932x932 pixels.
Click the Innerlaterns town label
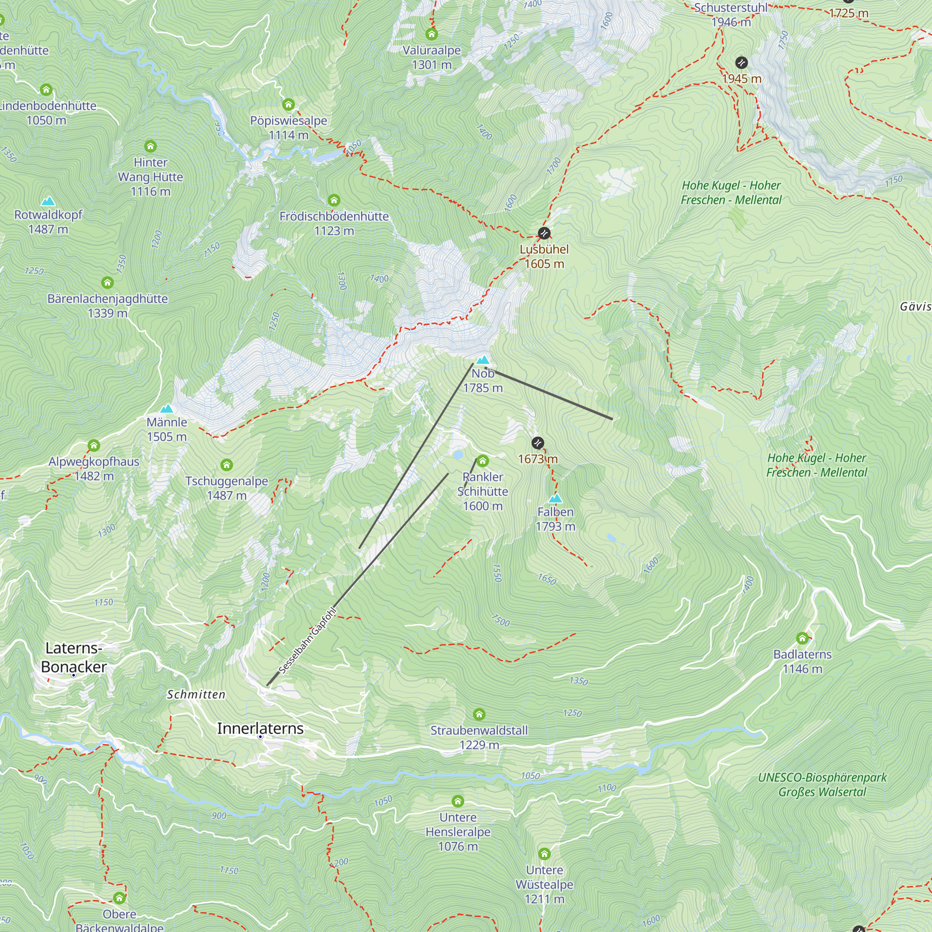coord(260,728)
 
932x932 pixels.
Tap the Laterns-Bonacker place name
coord(74,657)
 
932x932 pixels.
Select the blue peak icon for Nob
coord(483,360)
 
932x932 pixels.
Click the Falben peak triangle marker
coord(555,498)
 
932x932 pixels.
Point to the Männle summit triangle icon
coord(166,409)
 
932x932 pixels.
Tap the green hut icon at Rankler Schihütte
coord(482,461)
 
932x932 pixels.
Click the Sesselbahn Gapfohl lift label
coord(308,640)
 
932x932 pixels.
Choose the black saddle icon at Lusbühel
coord(544,233)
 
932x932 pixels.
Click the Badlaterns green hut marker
coord(802,638)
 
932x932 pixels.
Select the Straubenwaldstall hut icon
coord(479,714)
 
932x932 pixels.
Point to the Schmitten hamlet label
coord(196,694)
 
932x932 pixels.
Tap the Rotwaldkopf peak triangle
coord(48,201)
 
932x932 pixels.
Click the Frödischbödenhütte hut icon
coord(334,200)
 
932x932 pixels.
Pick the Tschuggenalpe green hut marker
coord(226,465)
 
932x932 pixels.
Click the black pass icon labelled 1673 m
coord(537,443)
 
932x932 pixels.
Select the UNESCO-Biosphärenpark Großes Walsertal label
coord(822,784)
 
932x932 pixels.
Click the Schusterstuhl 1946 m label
coord(730,14)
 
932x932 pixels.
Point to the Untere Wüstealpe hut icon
coord(544,854)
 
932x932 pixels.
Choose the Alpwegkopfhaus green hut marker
coord(94,445)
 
